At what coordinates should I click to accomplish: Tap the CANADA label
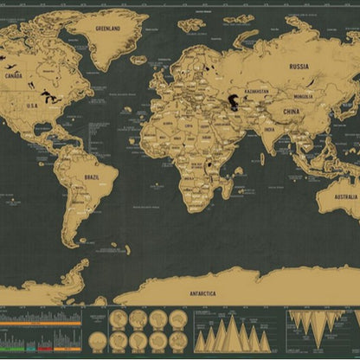14,75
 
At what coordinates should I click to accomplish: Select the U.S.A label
32,106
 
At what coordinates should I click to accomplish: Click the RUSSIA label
299,66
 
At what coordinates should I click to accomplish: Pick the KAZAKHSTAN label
256,91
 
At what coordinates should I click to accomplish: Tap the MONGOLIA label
303,96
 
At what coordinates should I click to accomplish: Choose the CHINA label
292,112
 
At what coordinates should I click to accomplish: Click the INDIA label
269,129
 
